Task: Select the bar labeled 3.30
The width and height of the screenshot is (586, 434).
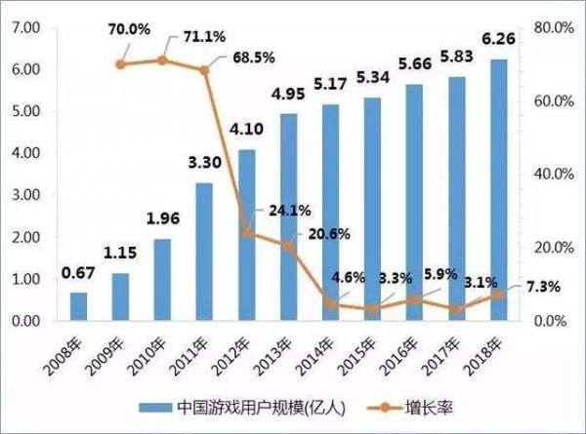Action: (204, 252)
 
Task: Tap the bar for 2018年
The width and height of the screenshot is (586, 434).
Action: (500, 190)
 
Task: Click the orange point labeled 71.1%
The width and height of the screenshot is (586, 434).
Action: (162, 60)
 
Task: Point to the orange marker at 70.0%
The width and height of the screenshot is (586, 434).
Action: (120, 64)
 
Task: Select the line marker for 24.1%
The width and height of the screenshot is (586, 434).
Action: (247, 233)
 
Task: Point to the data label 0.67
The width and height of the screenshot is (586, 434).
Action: (77, 273)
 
